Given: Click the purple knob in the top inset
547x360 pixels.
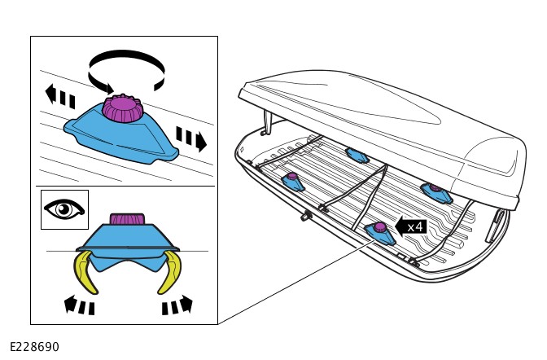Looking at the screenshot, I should (x=123, y=108).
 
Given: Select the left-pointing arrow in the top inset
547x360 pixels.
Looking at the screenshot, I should (x=60, y=97).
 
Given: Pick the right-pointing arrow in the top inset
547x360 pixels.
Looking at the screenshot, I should (x=191, y=138).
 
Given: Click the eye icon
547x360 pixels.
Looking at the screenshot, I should (x=64, y=209).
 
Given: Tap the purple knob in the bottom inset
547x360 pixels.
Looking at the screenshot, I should (x=127, y=219).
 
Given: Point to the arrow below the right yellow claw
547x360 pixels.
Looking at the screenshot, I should (x=177, y=306).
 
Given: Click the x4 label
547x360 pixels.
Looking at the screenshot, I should (x=415, y=226).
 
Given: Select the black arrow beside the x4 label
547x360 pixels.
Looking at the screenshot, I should (x=400, y=226).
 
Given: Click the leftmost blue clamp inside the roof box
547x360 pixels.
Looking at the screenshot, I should (x=292, y=182).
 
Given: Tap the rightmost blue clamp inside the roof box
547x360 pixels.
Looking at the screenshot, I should (x=436, y=192).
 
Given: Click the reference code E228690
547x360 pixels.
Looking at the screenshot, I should (x=34, y=347).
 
